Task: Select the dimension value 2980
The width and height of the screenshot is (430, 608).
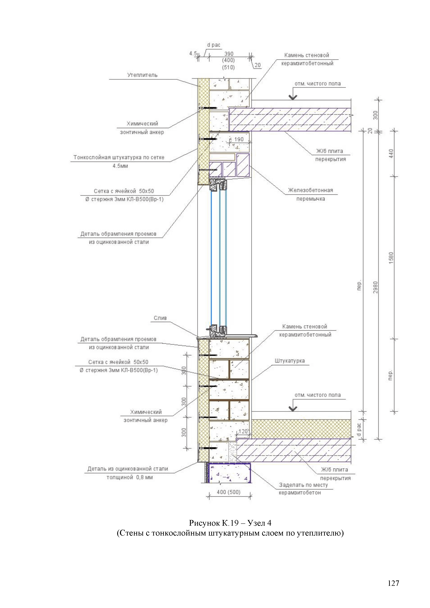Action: [375, 287]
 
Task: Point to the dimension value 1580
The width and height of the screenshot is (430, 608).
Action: [391, 258]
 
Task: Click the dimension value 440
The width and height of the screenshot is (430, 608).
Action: [391, 153]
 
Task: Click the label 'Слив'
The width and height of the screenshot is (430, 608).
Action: [160, 318]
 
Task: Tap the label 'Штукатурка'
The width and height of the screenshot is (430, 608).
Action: [289, 361]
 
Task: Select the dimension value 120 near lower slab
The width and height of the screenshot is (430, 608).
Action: [243, 431]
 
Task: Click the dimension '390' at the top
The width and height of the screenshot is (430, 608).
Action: [229, 54]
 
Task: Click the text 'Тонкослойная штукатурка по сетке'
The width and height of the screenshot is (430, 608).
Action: [119, 157]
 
